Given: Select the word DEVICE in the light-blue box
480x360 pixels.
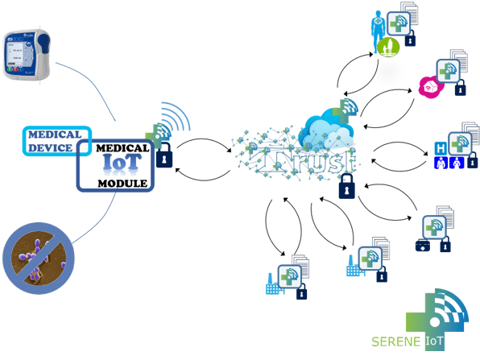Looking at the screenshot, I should coord(51,147).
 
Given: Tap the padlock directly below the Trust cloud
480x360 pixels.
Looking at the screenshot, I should coord(347,187).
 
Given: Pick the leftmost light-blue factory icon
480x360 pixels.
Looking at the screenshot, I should coord(275,283).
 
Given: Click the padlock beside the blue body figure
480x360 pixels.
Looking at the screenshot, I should coord(410,38).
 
